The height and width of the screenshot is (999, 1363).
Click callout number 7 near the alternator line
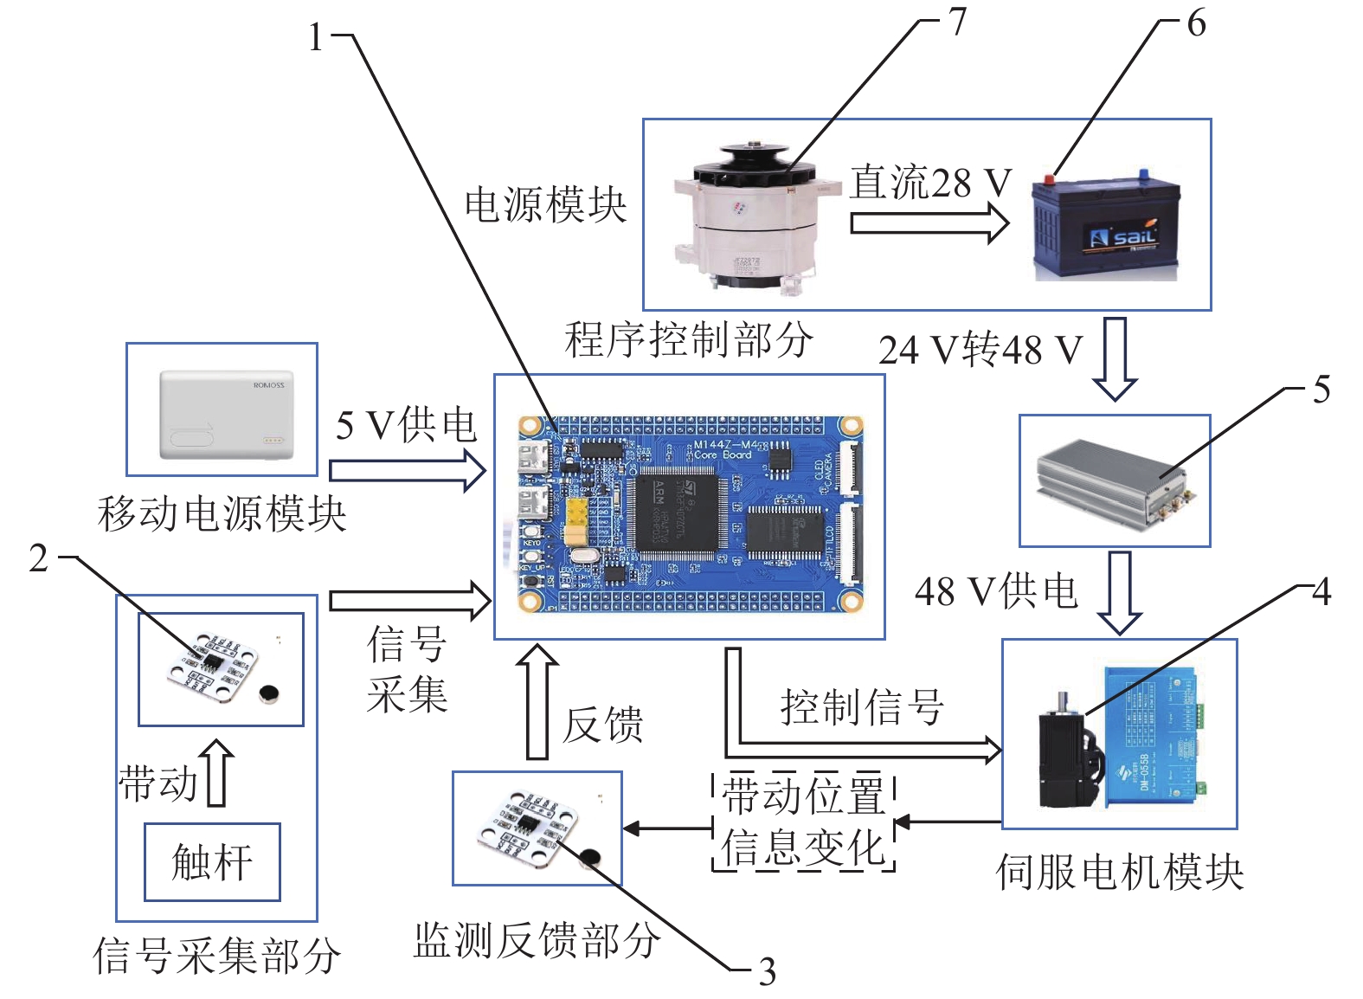point(956,22)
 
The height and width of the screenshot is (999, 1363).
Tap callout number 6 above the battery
point(1196,23)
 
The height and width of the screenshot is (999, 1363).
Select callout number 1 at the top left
point(317,37)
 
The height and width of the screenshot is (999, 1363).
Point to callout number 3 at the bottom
point(767,971)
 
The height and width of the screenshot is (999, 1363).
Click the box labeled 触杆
point(212,862)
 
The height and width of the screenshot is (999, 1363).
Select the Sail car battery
point(1106,227)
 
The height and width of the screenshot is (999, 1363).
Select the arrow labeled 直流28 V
point(929,223)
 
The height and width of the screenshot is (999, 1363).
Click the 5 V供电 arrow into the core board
point(407,470)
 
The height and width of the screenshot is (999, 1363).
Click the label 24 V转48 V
point(980,350)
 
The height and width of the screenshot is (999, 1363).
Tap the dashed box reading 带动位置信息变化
point(803,822)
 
